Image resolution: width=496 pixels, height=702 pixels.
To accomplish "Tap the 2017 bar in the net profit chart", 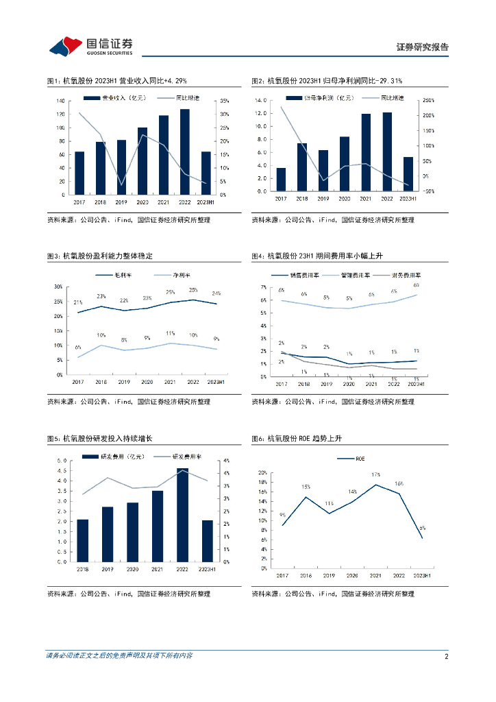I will tap(281, 179).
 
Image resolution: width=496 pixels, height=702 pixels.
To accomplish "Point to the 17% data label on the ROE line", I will tap(376, 474).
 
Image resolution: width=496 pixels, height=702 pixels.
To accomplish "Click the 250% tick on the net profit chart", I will tap(430, 100).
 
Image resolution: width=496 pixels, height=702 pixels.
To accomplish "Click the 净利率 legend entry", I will tap(164, 276).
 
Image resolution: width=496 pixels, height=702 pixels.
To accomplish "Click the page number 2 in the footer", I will tap(446, 656).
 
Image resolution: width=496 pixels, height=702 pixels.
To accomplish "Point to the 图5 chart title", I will tap(99, 438).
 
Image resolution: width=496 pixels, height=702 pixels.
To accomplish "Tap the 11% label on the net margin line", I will tap(171, 334).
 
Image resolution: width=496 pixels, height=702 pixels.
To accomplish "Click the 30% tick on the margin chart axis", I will tap(58, 287).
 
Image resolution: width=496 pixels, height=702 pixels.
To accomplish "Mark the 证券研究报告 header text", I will tap(423, 47).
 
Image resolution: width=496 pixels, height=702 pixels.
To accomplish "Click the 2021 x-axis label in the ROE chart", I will tap(375, 576).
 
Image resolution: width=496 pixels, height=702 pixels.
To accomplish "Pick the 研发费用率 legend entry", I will tap(185, 457).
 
